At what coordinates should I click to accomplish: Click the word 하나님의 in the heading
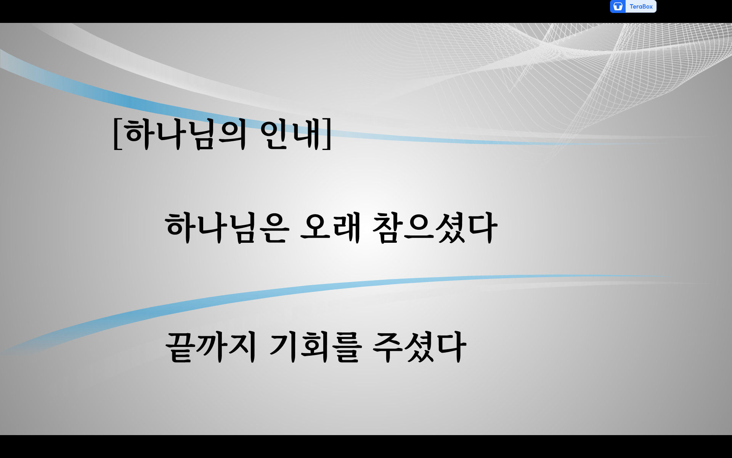coord(186,134)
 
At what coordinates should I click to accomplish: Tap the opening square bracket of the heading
coord(117,134)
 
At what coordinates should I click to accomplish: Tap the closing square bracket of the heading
coord(327,134)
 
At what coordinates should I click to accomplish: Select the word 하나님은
coord(227,228)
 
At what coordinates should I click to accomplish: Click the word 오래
coord(331,228)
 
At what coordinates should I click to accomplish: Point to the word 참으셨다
coord(435,228)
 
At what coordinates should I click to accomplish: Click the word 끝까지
coord(211,347)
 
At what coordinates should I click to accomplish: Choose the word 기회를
coord(315,347)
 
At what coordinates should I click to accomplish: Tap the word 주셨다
coord(419,347)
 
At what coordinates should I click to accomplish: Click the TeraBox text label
coord(641,6)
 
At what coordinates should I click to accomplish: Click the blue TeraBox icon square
coord(618,6)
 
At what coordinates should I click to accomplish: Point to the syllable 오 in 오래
coord(315,228)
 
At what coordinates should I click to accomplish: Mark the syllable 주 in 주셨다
coord(388,347)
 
